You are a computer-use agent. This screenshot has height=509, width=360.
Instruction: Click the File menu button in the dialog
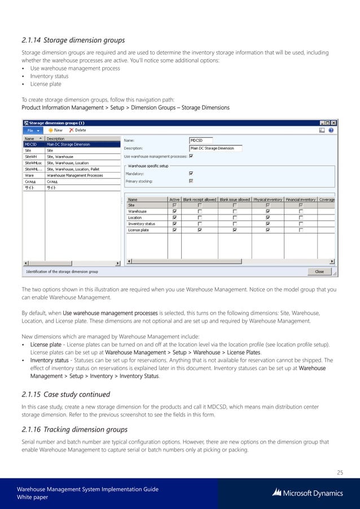click(x=31, y=130)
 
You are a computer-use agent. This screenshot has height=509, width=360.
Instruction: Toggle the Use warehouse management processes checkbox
click(x=191, y=156)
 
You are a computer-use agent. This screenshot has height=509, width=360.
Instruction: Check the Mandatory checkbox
click(x=191, y=174)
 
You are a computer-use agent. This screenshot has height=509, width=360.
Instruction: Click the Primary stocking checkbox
click(x=191, y=181)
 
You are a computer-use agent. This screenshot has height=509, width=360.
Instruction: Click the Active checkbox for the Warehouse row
click(x=175, y=212)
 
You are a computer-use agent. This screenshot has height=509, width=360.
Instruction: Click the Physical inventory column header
click(x=267, y=199)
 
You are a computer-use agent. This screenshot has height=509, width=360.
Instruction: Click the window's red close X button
click(x=332, y=122)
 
